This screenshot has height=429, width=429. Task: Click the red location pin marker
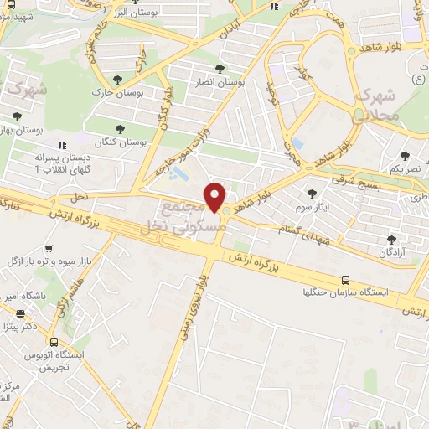click(x=215, y=197)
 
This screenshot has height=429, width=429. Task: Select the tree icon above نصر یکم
click(x=406, y=157)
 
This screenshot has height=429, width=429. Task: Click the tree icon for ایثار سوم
click(x=312, y=193)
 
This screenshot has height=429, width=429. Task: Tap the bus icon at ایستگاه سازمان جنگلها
click(x=346, y=280)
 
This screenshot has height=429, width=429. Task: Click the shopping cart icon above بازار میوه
click(x=49, y=249)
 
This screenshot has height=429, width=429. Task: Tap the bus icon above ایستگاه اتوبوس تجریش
click(x=54, y=342)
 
